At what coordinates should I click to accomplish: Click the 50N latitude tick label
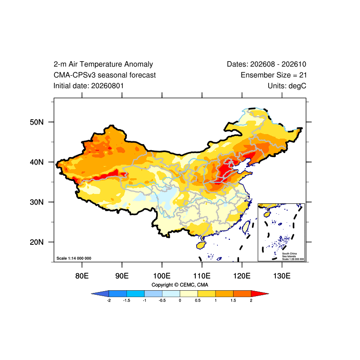point(36,122)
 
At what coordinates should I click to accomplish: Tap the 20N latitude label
point(36,242)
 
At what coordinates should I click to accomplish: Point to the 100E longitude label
point(162,276)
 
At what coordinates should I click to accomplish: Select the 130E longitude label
point(282,276)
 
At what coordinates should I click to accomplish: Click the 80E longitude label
point(82,276)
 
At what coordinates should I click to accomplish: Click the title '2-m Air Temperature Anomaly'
point(103,64)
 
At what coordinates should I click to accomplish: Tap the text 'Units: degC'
point(287,86)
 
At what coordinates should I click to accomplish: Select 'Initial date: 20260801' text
point(89,86)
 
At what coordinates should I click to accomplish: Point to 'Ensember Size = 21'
point(274,75)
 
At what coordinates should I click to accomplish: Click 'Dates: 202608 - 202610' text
point(266,64)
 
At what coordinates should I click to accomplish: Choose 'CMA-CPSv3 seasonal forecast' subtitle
point(105,75)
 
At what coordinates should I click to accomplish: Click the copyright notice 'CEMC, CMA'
point(194,285)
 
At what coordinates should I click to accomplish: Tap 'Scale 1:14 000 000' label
point(74,258)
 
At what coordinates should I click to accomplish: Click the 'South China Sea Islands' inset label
point(289,255)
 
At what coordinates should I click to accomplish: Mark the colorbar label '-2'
point(109,301)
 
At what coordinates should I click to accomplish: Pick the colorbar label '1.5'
point(233,301)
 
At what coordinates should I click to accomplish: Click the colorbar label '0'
point(180,301)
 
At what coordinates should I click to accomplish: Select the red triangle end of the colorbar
point(260,294)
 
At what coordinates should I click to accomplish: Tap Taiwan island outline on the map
point(246,226)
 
